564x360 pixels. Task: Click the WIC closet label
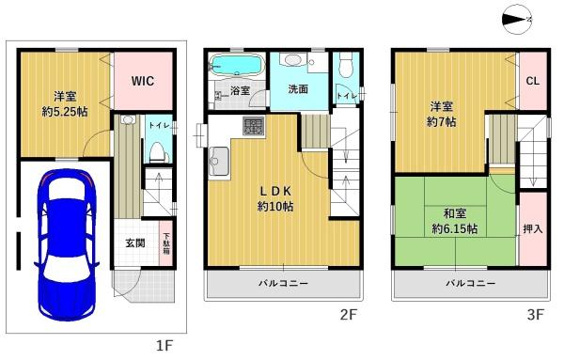coord(143,81)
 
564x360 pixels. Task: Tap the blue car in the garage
coord(67,244)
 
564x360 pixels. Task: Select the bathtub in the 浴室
coord(236,66)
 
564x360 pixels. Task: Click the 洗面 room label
coord(298,89)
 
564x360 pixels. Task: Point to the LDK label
coord(275,192)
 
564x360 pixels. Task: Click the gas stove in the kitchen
coord(254,126)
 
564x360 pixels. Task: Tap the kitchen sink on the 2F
coord(218,162)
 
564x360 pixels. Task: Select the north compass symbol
coord(516,20)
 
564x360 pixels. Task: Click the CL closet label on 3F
coord(533,81)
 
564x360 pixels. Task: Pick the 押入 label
coord(533,228)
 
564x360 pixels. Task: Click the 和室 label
coord(455,213)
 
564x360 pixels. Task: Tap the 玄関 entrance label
coord(135,243)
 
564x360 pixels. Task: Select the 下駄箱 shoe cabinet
coord(166,243)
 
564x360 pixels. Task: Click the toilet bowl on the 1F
coord(157,151)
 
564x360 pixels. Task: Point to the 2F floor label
coord(348,315)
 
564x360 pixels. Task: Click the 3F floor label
coord(535,315)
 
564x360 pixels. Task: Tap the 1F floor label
coord(164,346)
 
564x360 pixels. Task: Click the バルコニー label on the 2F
coord(284,284)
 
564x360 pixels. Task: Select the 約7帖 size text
coord(441,122)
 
